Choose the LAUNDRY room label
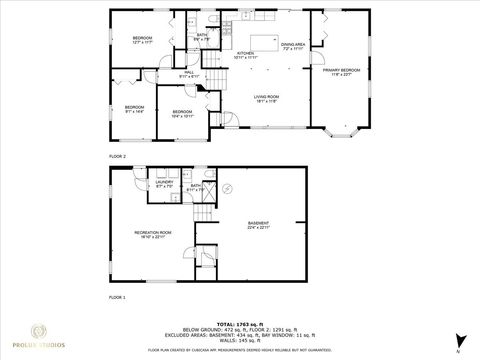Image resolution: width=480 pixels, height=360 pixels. pyautogui.click(x=163, y=184)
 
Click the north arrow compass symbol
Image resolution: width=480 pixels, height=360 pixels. pyautogui.click(x=459, y=338)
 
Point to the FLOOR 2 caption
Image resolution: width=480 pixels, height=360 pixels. pyautogui.click(x=118, y=157)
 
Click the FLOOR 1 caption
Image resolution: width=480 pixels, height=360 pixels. pyautogui.click(x=118, y=298)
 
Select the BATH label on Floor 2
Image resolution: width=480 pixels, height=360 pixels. pyautogui.click(x=202, y=37)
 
